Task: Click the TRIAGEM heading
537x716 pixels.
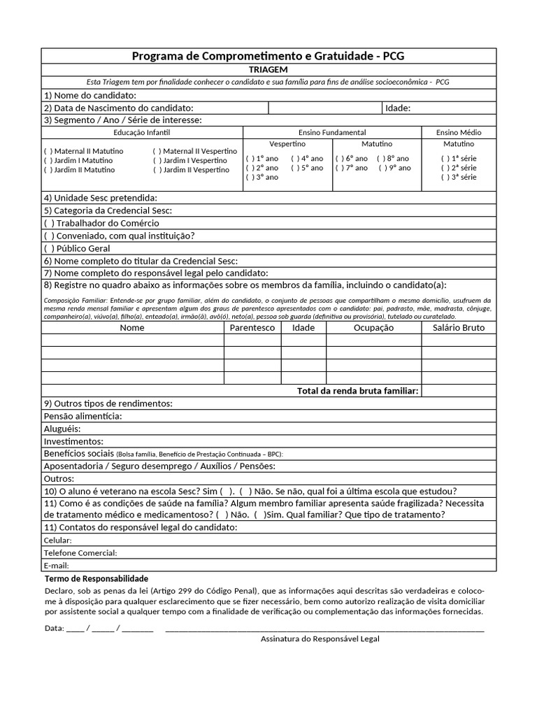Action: click(268, 70)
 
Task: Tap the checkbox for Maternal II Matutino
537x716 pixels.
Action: click(48, 151)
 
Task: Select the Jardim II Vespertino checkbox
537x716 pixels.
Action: click(157, 170)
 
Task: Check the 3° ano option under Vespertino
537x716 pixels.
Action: click(250, 178)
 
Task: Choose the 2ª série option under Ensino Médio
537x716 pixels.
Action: click(445, 168)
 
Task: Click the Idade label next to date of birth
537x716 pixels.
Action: click(398, 108)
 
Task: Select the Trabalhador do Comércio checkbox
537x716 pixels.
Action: click(48, 223)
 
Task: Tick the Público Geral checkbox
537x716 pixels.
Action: click(48, 248)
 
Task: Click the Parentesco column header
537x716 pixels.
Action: click(252, 327)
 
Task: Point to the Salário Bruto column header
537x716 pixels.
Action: click(459, 327)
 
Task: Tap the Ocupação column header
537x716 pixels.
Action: click(373, 327)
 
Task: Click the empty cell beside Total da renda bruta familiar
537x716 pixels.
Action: click(459, 390)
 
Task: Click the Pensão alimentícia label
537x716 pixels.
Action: click(83, 416)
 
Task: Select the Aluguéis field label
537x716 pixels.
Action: click(62, 429)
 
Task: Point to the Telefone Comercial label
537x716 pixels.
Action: click(80, 553)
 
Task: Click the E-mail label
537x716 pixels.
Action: click(57, 565)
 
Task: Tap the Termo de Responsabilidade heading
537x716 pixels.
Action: click(96, 579)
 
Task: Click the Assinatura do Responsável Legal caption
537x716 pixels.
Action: click(320, 639)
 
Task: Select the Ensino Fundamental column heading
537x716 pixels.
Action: click(332, 132)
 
